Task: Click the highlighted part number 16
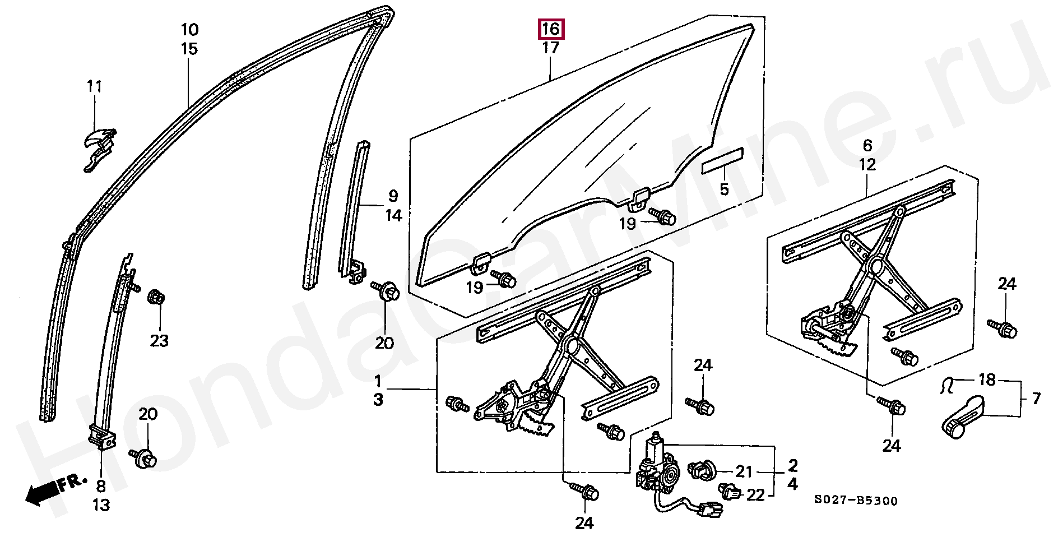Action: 551,29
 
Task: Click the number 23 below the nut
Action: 159,341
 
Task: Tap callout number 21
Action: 744,471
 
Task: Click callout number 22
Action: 755,495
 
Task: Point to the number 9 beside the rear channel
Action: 393,196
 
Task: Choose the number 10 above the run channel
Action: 189,29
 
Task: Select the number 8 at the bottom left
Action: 101,485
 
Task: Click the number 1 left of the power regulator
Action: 378,382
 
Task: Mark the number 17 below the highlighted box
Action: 551,48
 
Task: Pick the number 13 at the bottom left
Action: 101,505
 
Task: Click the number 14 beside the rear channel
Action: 393,215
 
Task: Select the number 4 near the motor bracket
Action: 792,484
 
